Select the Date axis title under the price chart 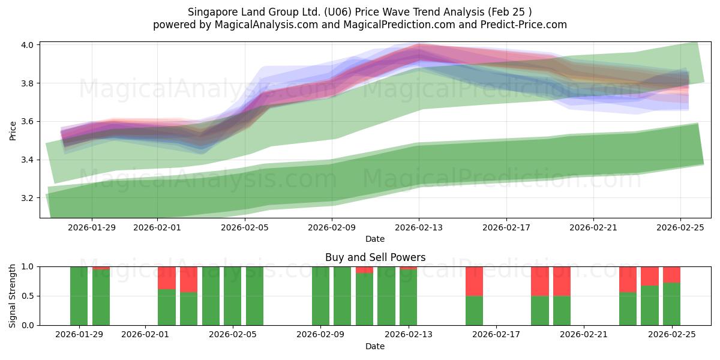(375, 239)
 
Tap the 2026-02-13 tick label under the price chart (419, 227)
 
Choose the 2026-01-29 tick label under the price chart (92, 227)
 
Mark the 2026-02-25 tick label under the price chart (680, 227)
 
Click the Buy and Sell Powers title (375, 257)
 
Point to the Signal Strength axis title (13, 296)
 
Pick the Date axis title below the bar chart (375, 346)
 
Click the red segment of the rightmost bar (671, 274)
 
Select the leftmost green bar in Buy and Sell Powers (79, 296)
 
